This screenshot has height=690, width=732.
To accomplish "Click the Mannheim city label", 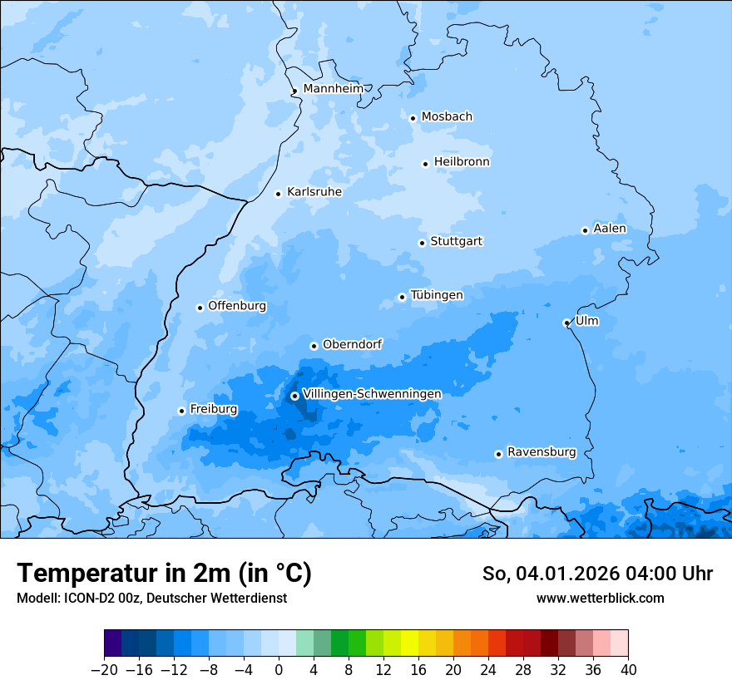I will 334,89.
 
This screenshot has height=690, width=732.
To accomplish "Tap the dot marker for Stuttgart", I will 422,243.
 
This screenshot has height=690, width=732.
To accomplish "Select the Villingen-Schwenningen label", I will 372,394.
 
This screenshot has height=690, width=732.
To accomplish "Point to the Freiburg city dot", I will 181,411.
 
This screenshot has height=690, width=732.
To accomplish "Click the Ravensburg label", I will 542,452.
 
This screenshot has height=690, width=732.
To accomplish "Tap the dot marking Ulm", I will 566,323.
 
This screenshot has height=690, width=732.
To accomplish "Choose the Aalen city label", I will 610,229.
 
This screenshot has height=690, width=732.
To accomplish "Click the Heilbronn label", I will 462,162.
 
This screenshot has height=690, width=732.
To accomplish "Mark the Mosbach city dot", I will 413,118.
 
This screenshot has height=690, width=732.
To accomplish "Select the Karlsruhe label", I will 314,192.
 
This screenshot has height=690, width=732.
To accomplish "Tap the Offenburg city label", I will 237,306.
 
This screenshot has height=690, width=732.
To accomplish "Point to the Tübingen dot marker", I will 402,297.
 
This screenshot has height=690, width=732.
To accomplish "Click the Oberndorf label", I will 353,344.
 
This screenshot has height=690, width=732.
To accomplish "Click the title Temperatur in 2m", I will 164,574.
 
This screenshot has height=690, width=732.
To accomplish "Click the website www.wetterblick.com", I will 600,599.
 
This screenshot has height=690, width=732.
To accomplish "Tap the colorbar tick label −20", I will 104,670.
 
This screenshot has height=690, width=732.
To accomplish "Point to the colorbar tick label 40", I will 628,670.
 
